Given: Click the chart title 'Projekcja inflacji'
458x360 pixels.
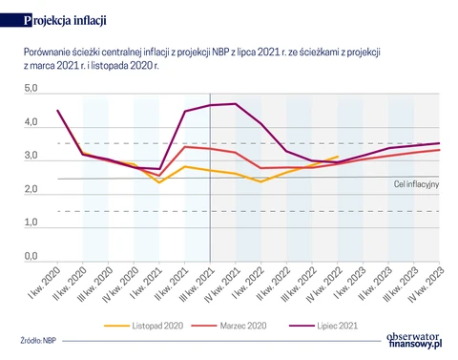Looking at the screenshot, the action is (x=65, y=20).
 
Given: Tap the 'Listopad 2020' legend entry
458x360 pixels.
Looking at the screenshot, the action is (x=144, y=326).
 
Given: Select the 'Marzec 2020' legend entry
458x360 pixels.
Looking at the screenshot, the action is (x=229, y=326).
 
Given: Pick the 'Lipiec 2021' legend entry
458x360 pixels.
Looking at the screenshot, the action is (x=323, y=326).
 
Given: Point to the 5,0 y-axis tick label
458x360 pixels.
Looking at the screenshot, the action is (x=31, y=88).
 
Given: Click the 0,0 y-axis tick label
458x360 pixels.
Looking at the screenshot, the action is (x=31, y=256).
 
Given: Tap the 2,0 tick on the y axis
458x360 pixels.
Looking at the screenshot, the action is (x=31, y=189).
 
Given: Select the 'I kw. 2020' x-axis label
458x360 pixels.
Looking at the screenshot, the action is (x=44, y=283).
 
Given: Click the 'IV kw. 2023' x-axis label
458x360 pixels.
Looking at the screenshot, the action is (x=426, y=285).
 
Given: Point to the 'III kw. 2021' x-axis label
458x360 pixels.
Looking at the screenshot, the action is (x=197, y=285).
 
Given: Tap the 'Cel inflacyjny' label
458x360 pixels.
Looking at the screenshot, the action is (x=416, y=184).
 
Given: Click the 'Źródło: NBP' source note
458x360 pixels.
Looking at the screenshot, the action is (x=38, y=340).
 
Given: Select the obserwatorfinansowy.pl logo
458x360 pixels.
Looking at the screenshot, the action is (x=414, y=340).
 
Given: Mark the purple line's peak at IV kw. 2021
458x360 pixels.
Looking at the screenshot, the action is (x=236, y=104).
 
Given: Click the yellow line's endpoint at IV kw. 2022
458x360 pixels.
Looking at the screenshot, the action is (x=338, y=157).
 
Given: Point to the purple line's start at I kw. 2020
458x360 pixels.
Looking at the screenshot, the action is (x=57, y=111).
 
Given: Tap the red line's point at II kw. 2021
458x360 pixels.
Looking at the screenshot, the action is (x=185, y=147).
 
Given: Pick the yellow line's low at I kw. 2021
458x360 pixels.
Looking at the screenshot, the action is (x=159, y=182).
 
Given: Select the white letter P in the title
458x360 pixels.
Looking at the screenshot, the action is (x=28, y=21).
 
